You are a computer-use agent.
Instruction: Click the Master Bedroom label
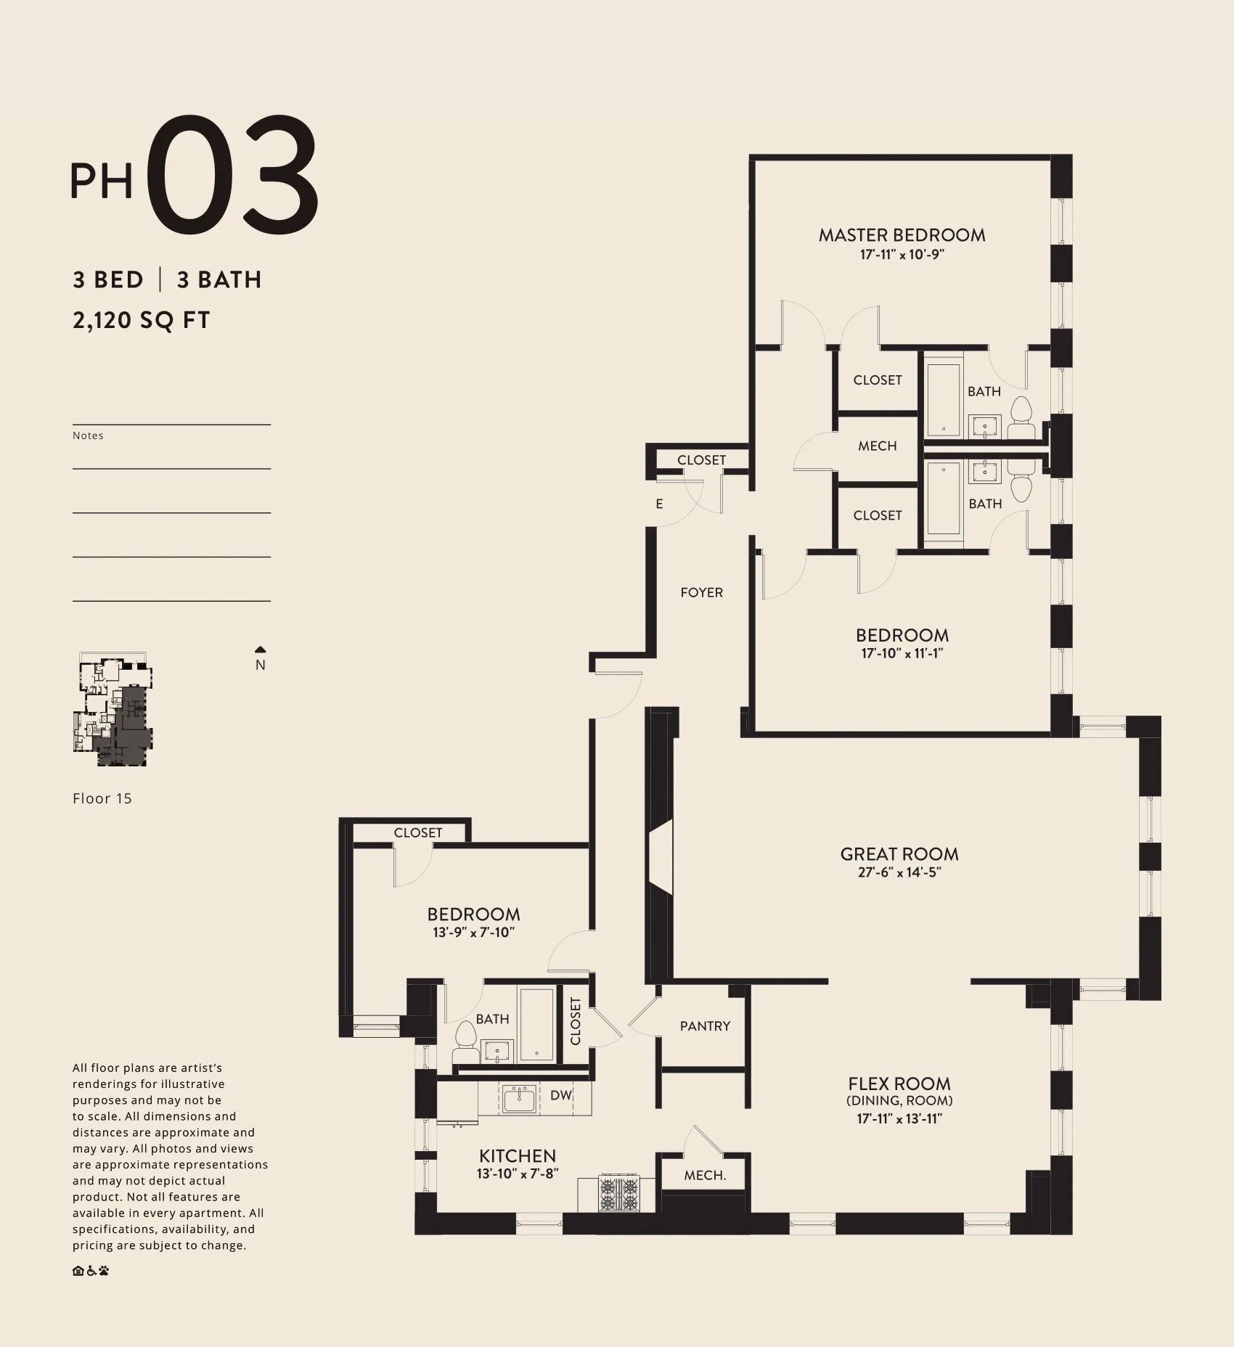pyautogui.click(x=902, y=234)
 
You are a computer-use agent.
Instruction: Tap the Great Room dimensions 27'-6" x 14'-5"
pyautogui.click(x=899, y=872)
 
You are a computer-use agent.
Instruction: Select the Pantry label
pyautogui.click(x=705, y=1025)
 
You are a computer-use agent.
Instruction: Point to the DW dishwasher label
pyautogui.click(x=561, y=1095)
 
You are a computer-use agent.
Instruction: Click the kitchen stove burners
pyautogui.click(x=619, y=1194)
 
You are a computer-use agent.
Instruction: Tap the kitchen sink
pyautogui.click(x=520, y=1100)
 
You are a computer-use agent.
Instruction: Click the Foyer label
pyautogui.click(x=701, y=592)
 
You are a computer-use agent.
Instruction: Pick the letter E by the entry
pyautogui.click(x=659, y=504)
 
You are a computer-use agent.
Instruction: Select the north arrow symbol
pyautogui.click(x=261, y=650)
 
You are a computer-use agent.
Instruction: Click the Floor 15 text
pyautogui.click(x=102, y=798)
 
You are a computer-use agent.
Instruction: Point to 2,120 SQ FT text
pyautogui.click(x=141, y=320)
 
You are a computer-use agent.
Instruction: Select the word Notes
pyautogui.click(x=88, y=435)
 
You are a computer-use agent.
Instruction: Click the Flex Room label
pyautogui.click(x=899, y=1084)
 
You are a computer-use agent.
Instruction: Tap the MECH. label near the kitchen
pyautogui.click(x=705, y=1175)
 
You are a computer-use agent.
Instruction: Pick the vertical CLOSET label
pyautogui.click(x=576, y=1021)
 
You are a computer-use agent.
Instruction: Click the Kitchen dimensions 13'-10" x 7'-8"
pyautogui.click(x=517, y=1173)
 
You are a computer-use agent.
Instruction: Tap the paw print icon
pyautogui.click(x=104, y=1271)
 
